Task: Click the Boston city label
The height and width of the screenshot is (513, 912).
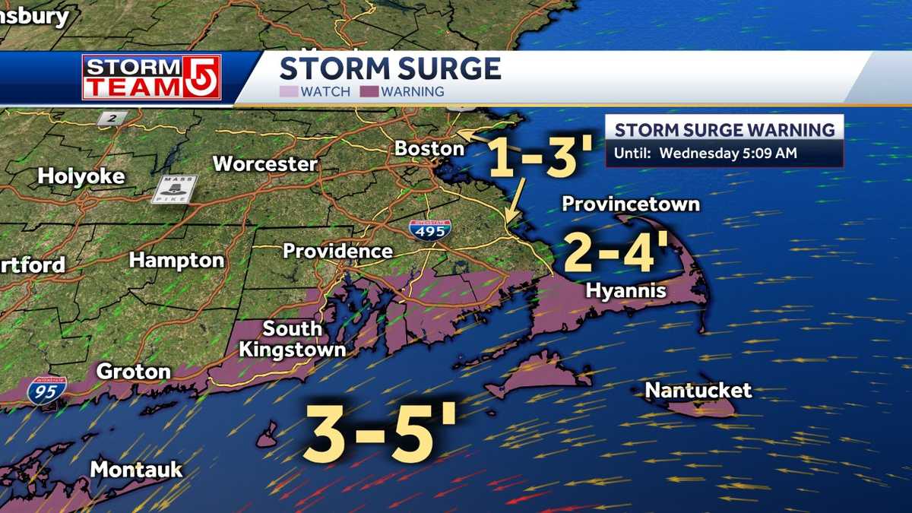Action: click(x=429, y=149)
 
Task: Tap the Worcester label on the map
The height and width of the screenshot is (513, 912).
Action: click(x=264, y=163)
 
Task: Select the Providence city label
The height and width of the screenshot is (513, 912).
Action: click(x=337, y=251)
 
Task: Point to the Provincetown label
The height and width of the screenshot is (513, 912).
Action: click(x=630, y=204)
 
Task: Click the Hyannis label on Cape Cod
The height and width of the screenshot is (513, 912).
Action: click(x=625, y=291)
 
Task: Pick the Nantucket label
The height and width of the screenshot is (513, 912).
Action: click(x=698, y=391)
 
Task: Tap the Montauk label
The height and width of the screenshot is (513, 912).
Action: click(x=136, y=469)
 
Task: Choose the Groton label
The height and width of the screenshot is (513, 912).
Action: click(x=133, y=372)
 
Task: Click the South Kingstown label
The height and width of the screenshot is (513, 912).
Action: click(x=293, y=339)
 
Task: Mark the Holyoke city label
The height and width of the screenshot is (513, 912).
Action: click(x=81, y=176)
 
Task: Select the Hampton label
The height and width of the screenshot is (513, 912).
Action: click(x=176, y=260)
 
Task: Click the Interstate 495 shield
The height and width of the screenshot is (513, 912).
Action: click(x=429, y=230)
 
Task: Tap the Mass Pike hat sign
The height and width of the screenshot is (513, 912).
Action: click(x=177, y=188)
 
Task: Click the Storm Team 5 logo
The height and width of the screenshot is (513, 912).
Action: click(x=151, y=77)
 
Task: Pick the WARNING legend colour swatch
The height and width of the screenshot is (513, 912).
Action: click(x=370, y=92)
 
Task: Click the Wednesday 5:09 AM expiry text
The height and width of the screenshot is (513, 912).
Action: click(x=727, y=153)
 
